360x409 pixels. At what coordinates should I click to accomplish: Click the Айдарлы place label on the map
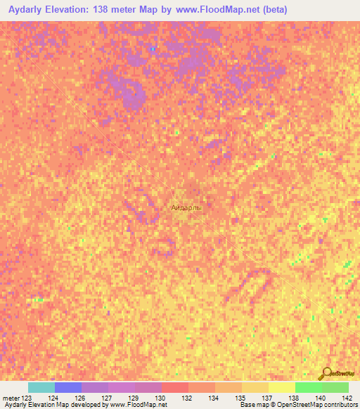tap(186, 208)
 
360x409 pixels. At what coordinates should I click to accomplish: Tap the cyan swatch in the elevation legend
tap(41, 387)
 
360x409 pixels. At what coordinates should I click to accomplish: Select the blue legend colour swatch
tap(68, 387)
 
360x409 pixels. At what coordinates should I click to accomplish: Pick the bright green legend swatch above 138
tap(308, 387)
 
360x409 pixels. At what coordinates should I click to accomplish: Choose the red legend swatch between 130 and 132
tap(175, 387)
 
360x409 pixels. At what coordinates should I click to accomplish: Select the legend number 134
tap(213, 398)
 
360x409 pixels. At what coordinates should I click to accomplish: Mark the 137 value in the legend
tap(266, 398)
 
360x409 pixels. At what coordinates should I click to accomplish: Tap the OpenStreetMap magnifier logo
tap(324, 373)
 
